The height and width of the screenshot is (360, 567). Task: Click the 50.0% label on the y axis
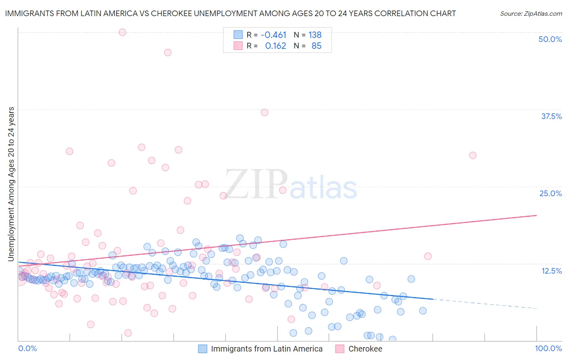pos(550,39)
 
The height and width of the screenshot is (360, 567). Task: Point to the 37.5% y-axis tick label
pos(551,116)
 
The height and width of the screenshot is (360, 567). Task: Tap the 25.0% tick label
pos(550,193)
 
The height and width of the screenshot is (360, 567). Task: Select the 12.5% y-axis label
pos(551,271)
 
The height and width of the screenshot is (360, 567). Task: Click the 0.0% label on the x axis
pos(27,348)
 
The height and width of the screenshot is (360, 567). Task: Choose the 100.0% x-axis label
pos(548,348)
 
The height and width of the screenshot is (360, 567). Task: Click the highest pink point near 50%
pos(123,32)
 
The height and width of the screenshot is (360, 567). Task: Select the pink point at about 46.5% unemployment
pos(168,52)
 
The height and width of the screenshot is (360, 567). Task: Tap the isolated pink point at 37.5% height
pos(265,113)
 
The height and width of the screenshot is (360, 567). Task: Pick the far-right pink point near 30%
pos(473,155)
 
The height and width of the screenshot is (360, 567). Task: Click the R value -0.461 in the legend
pos(273,35)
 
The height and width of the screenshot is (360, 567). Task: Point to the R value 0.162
pos(275,46)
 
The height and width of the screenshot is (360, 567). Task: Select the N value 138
pos(315,35)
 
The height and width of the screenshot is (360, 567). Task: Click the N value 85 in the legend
pos(317,46)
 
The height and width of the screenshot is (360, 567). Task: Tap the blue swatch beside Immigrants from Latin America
pos(203,349)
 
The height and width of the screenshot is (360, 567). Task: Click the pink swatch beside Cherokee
pos(340,349)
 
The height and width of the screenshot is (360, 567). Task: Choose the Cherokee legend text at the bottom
pos(365,349)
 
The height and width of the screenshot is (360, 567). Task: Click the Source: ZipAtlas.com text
pos(531,13)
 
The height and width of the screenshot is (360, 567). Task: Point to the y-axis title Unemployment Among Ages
pos(11,184)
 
